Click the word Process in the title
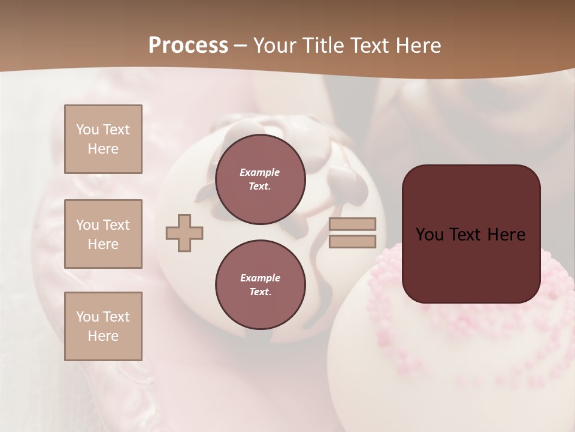pos(188,45)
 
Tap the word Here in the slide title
pos(417,45)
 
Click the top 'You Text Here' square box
pos(103,139)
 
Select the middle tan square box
pos(103,234)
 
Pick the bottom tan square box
pos(103,326)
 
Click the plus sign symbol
pos(184,233)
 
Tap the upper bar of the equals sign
pos(353,224)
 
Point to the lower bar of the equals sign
pos(353,242)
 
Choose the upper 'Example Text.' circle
pos(260,179)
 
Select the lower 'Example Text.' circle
pos(260,285)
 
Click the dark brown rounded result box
pos(471,234)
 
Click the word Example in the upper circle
pos(260,172)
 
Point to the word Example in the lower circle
pos(260,278)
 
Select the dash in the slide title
pos(241,46)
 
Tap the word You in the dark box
pos(430,235)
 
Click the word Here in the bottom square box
pos(103,336)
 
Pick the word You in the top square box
pos(87,130)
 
